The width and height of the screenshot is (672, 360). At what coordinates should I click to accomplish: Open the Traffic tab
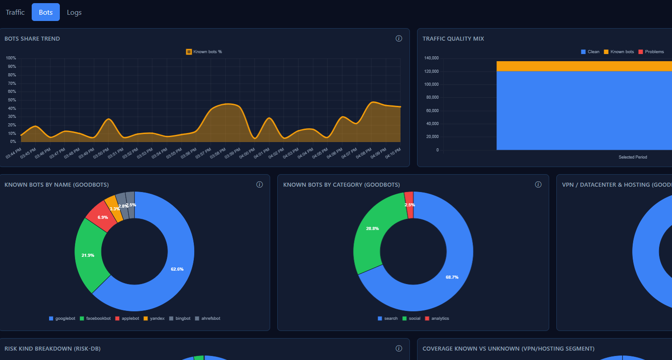coord(15,12)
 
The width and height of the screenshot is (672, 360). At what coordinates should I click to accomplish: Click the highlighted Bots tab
coord(46,12)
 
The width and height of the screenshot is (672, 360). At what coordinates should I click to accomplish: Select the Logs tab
coord(74,12)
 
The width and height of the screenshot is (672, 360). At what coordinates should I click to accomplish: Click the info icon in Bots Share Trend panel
coord(399,38)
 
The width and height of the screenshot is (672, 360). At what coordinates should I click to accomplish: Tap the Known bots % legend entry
coord(204,52)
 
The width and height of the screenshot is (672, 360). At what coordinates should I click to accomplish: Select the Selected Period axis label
coord(632,157)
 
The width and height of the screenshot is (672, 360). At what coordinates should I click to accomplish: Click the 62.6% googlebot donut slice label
coord(177,269)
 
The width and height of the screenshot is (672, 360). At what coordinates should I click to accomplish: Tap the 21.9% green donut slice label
coord(88,255)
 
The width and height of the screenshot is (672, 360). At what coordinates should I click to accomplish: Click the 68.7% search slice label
coord(452,277)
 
